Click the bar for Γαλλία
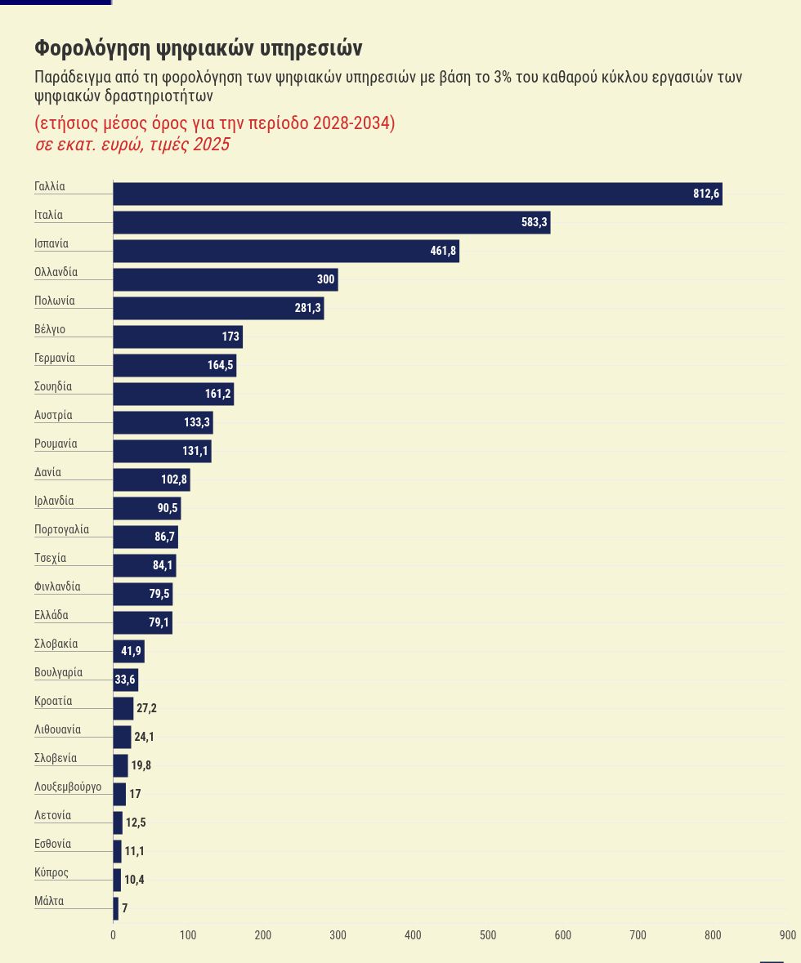coord(418,194)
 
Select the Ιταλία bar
coord(332,222)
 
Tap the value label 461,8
coord(443,251)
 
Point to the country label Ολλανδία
coord(56,272)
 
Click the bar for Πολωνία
coord(218,308)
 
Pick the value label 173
coord(230,337)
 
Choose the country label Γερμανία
coord(55,358)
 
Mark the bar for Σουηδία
coord(173,394)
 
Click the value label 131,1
coord(195,451)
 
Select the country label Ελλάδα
coord(51,615)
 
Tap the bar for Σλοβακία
coord(128,651)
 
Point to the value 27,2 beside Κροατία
coord(146,708)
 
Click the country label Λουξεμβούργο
coord(68,787)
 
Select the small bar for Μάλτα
coord(115,908)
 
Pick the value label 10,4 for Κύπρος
coord(134,880)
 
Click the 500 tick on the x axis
coord(488,934)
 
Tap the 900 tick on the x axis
coord(788,934)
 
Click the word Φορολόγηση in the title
coord(93,48)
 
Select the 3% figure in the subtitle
coord(503,78)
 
